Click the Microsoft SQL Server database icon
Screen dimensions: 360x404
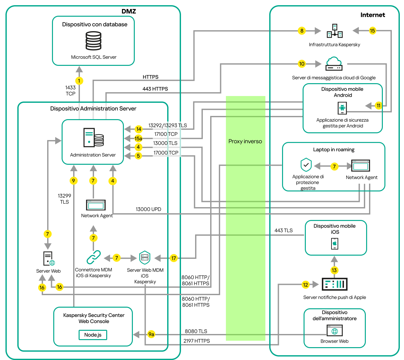pos(93,41)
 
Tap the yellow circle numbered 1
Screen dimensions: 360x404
pos(79,81)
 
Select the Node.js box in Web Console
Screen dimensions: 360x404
pos(93,335)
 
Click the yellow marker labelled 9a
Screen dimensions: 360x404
pos(151,334)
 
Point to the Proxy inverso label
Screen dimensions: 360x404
pos(245,141)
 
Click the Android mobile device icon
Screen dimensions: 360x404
pos(342,108)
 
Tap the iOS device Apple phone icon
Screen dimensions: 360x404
pos(335,243)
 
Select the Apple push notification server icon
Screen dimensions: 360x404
pos(334,284)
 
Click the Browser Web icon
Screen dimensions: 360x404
pos(335,331)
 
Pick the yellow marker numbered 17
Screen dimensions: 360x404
pos(174,258)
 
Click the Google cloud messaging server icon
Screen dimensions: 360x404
pos(334,64)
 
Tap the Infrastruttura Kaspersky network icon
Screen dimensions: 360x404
pos(335,31)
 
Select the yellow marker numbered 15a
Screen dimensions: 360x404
pos(138,138)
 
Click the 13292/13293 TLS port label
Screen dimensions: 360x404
pos(168,126)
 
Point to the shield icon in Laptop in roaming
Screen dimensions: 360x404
pos(306,165)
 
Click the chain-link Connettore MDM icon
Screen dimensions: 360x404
pos(93,257)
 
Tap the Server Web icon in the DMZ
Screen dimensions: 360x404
pos(49,259)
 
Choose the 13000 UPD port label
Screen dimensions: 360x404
pos(148,209)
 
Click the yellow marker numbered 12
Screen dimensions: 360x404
pos(305,285)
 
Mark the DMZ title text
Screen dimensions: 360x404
pos(129,11)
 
